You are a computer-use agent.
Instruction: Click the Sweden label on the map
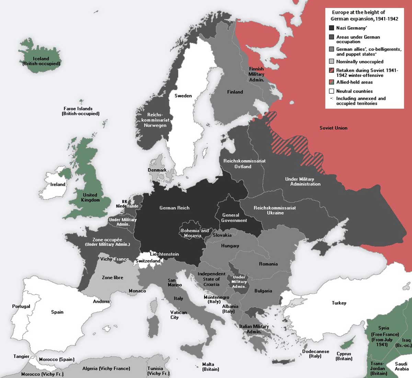(183, 96)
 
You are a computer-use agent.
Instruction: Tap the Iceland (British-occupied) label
(41, 61)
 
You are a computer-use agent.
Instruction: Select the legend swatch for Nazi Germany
(331, 28)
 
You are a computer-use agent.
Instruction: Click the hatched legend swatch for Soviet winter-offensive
(331, 70)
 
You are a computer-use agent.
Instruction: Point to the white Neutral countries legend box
(331, 91)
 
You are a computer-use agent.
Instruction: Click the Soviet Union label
(333, 128)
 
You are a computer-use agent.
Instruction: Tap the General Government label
(234, 218)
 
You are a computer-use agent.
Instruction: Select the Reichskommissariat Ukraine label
(275, 210)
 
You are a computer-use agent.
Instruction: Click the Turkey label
(339, 303)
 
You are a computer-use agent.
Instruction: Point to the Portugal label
(21, 306)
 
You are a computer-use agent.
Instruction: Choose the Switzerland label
(148, 261)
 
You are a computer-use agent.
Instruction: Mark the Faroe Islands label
(81, 111)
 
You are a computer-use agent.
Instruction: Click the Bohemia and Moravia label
(194, 233)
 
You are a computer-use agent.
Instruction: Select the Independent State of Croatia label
(211, 279)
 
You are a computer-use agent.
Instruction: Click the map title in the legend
(364, 15)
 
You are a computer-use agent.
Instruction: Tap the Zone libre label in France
(112, 277)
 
